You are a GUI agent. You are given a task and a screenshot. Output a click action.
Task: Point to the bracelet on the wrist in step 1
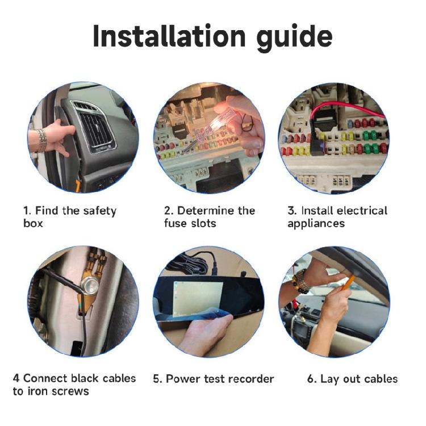point(41,140)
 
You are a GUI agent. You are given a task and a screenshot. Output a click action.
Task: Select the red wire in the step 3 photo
point(341,108)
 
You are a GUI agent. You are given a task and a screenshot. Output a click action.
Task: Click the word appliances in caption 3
point(316,223)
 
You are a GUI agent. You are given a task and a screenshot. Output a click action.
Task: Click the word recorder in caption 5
point(250,379)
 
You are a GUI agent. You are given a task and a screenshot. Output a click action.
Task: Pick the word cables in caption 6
point(378,379)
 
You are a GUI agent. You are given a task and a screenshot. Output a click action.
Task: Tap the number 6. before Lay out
point(312,379)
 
